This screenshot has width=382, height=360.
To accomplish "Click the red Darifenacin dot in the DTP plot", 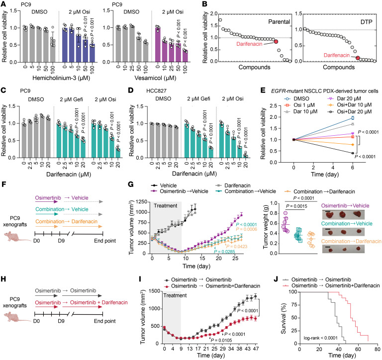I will pos(358,58).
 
